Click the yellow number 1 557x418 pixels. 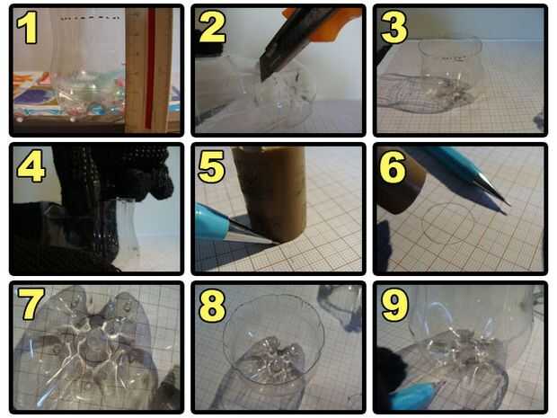point(27,28)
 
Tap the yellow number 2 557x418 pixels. point(212,28)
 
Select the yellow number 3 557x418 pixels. point(394,28)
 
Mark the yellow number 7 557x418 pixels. point(31,304)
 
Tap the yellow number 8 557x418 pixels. point(212,306)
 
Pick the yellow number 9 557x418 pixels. point(395,306)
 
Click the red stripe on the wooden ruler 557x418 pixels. point(151,69)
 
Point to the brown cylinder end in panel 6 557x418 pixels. point(402,185)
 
